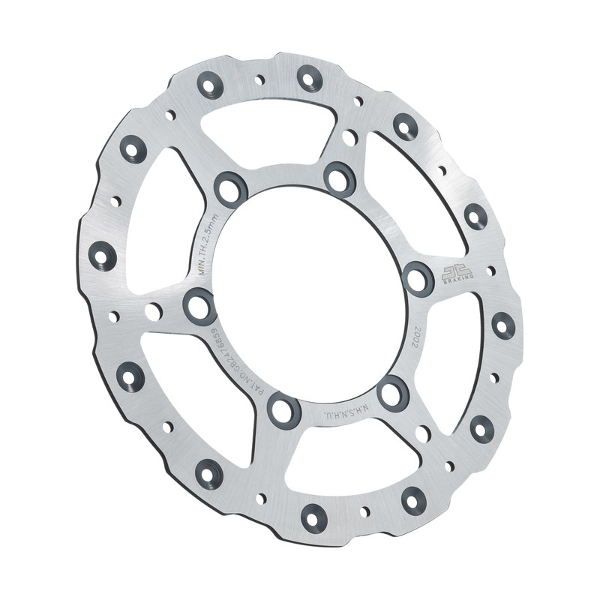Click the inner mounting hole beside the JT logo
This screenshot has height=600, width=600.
[418, 278]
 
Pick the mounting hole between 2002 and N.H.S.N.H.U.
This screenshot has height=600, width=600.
[393, 393]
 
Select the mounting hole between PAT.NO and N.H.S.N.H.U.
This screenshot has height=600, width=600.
[284, 409]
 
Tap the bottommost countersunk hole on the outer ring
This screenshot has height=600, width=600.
[313, 517]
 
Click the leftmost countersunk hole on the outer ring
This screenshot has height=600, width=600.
[103, 256]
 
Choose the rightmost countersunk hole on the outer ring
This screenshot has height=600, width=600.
[502, 325]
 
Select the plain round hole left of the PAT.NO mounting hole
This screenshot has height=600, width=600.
[153, 311]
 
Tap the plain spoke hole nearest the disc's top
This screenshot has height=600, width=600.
[349, 137]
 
